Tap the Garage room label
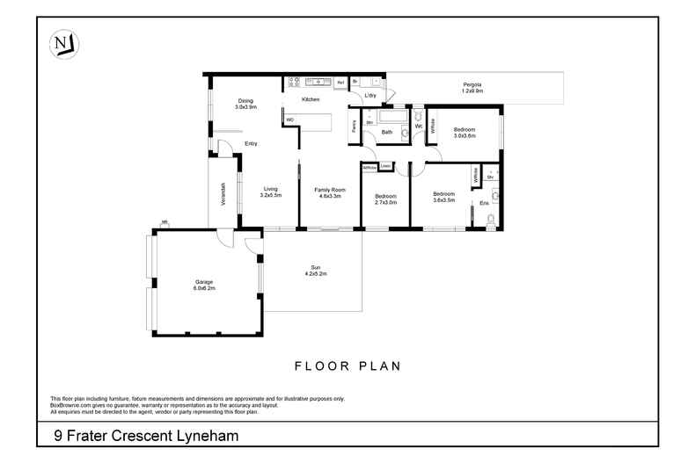pyautogui.click(x=205, y=282)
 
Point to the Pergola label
pyautogui.click(x=472, y=84)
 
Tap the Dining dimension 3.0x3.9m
pyautogui.click(x=245, y=106)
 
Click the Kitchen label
pyautogui.click(x=311, y=100)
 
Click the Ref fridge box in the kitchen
pyautogui.click(x=340, y=82)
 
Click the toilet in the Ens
pyautogui.click(x=497, y=197)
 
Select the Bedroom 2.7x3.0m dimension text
pyautogui.click(x=385, y=202)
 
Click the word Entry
pyautogui.click(x=251, y=143)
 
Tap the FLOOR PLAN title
pyautogui.click(x=347, y=365)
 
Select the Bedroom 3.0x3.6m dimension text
pyautogui.click(x=464, y=136)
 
